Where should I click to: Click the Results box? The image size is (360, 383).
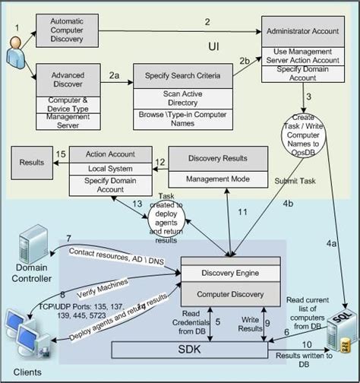pos(32,162)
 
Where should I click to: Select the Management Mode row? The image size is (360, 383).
pos(217,180)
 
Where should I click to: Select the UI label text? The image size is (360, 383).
pos(214,47)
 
